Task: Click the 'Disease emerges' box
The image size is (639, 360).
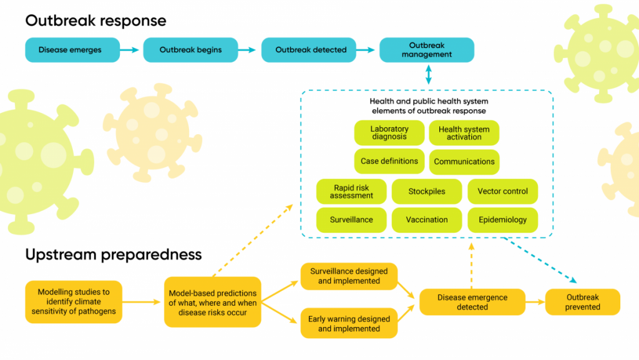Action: click(x=70, y=50)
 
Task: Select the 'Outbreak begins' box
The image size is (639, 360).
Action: click(x=190, y=50)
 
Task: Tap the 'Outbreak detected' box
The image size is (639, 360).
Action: click(x=311, y=50)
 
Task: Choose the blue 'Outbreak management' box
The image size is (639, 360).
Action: click(x=427, y=50)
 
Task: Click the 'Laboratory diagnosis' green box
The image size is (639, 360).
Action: click(x=389, y=133)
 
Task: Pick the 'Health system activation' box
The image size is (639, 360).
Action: click(x=464, y=133)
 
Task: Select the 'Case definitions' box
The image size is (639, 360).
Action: click(x=389, y=161)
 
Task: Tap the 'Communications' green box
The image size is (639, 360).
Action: click(x=464, y=162)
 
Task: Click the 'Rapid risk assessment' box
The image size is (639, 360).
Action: click(x=351, y=192)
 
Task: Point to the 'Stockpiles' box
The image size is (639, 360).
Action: click(x=427, y=192)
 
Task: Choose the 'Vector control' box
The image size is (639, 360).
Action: click(x=502, y=192)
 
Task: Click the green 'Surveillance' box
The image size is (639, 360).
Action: click(x=351, y=220)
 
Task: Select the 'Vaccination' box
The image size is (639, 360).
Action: click(x=427, y=220)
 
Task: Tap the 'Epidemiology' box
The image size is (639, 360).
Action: click(x=502, y=220)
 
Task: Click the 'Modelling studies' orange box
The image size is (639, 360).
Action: click(x=74, y=301)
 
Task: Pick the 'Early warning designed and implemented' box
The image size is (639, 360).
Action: click(x=349, y=323)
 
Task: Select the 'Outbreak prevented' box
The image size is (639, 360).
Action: click(x=582, y=301)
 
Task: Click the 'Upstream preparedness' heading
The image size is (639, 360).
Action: click(x=114, y=255)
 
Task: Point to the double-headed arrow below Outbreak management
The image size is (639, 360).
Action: click(x=427, y=75)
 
